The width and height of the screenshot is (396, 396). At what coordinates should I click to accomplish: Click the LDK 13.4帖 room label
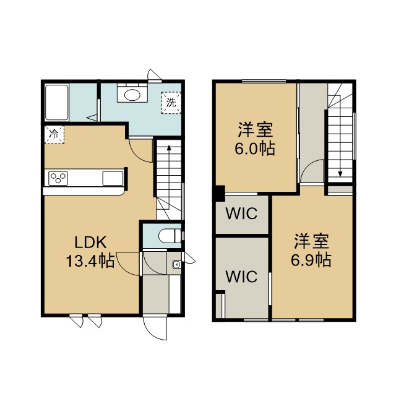90,251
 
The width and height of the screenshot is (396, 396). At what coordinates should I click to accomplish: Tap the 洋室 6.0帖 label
254,139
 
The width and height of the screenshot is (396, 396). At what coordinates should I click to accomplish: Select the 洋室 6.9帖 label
311,251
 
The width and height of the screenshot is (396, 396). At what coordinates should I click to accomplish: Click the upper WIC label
242,213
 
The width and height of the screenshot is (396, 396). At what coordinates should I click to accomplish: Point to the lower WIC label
242,277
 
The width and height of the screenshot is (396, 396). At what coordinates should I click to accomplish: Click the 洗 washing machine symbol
171,103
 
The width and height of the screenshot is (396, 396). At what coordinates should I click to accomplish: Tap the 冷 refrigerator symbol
54,135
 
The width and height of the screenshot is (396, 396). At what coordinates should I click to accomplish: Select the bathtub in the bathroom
56,103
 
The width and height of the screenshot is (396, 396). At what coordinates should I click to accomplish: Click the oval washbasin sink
132,95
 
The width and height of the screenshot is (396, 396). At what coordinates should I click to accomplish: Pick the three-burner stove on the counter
58,178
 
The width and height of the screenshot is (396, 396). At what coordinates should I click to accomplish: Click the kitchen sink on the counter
113,178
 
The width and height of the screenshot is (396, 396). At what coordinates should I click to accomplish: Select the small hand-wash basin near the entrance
176,265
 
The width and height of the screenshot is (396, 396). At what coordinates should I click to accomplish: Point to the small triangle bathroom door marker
92,118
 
